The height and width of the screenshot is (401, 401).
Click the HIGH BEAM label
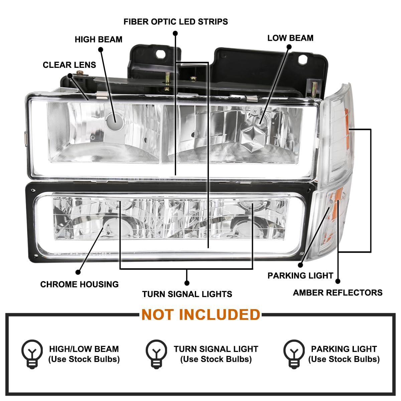pyautogui.click(x=99, y=39)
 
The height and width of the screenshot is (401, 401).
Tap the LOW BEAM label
pyautogui.click(x=290, y=38)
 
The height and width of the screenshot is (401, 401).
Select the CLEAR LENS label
pyautogui.click(x=69, y=65)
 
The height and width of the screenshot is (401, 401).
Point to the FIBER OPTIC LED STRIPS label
pyautogui.click(x=176, y=22)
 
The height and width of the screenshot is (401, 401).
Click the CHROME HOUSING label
pyautogui.click(x=79, y=284)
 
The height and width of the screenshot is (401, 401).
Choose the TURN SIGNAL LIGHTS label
pyautogui.click(x=187, y=294)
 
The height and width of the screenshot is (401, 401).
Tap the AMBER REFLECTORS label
pyautogui.click(x=338, y=293)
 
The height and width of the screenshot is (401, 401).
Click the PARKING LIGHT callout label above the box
pyautogui.click(x=300, y=275)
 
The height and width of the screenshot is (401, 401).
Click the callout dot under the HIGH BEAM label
pyautogui.click(x=101, y=49)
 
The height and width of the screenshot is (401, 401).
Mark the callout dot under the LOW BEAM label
pyautogui.click(x=289, y=47)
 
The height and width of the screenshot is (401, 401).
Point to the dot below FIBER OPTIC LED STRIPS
pyautogui.click(x=175, y=33)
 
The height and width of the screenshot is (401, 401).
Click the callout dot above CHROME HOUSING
pyautogui.click(x=78, y=272)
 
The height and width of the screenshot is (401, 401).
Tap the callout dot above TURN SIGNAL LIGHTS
pyautogui.click(x=187, y=283)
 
